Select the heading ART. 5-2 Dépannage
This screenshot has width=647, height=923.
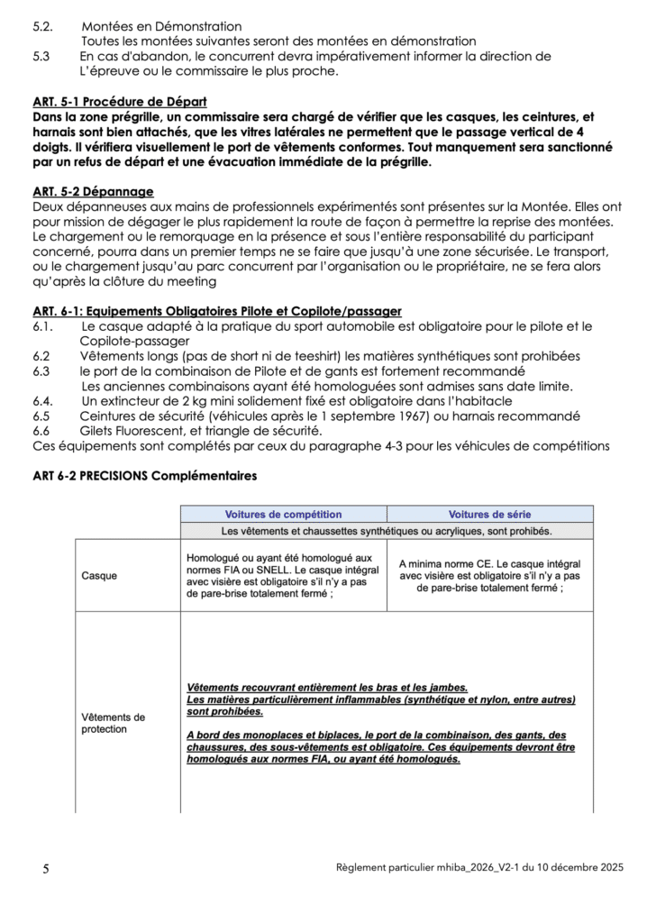tap(93, 191)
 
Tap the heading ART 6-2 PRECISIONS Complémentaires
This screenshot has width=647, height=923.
tap(145, 475)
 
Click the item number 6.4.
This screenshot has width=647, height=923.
tap(43, 400)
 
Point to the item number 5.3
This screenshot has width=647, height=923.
tap(41, 56)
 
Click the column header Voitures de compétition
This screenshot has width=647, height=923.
tap(283, 514)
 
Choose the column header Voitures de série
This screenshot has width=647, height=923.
tap(489, 514)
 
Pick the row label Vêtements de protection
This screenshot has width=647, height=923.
tap(113, 723)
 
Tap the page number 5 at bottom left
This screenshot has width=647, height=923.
tap(46, 869)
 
